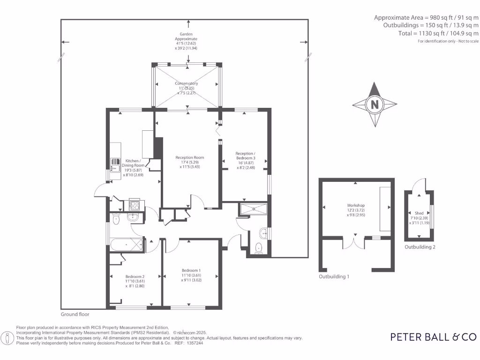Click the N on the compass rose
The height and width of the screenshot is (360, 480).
(375, 105)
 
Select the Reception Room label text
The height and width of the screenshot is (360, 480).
(190, 162)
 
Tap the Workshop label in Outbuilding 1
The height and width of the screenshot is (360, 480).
(356, 210)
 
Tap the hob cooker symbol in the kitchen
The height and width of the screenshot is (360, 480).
(134, 205)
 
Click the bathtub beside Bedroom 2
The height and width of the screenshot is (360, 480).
(127, 245)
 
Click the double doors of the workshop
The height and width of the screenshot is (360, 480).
(355, 243)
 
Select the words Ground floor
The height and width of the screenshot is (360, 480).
(75, 315)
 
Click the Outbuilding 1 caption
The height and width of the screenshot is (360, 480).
(334, 277)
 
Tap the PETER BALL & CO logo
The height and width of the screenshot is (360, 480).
(434, 337)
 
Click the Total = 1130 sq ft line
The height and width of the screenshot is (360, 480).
(432, 34)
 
